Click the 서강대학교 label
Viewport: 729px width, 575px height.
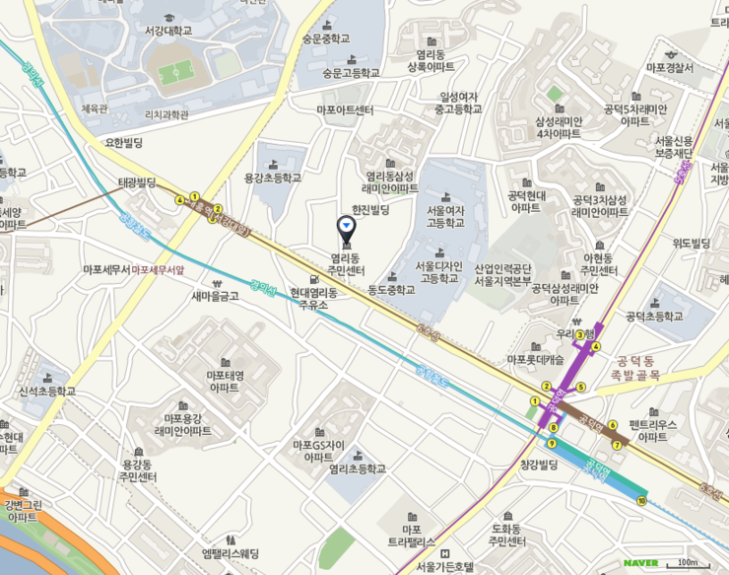166,31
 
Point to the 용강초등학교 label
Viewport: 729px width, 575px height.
273,178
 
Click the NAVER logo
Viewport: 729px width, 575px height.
640,563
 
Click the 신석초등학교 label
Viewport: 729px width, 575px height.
47,392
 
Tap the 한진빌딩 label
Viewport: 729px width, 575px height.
371,210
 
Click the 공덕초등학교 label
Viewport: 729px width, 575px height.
654,317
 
